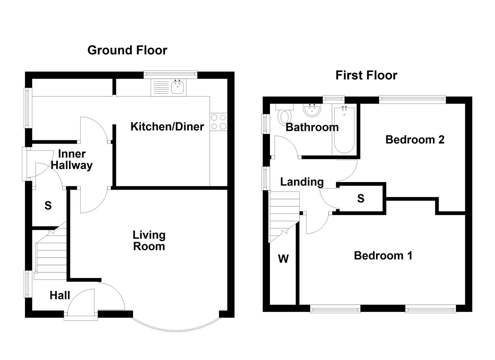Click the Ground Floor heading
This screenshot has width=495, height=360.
(127, 50)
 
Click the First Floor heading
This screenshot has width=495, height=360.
(366, 75)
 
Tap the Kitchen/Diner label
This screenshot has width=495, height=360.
(167, 127)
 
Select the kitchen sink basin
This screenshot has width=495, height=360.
(178, 87)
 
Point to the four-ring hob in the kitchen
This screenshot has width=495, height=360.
(219, 122)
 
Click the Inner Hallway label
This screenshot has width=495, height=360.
(72, 160)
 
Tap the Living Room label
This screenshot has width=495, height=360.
(149, 241)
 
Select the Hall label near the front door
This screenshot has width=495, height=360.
(60, 295)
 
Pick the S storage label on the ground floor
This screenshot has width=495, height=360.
(48, 206)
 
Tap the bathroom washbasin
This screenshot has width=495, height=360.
(312, 111)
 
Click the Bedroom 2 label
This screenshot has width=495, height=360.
(415, 140)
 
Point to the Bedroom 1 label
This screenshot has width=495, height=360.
(383, 256)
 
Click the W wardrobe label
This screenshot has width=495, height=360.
(283, 259)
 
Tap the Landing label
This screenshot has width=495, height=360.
(302, 182)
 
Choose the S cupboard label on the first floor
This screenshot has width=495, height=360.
(361, 199)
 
